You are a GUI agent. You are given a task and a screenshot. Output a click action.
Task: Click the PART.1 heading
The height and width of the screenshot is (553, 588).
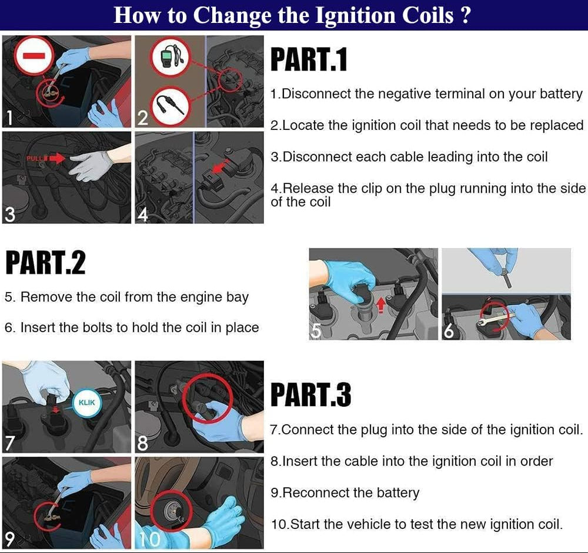[309, 59]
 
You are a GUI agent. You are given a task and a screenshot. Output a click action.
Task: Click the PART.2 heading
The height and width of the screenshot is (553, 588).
[45, 263]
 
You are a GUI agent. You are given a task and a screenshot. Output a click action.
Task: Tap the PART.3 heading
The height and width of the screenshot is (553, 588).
[311, 395]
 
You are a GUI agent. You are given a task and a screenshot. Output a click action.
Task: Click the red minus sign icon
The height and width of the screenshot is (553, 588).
[34, 56]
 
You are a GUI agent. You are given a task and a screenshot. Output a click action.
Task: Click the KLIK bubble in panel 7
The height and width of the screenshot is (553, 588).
[86, 403]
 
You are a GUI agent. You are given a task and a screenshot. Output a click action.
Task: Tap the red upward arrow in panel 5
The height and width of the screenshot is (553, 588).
[382, 304]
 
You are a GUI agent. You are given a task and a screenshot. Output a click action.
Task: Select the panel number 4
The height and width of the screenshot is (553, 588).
[143, 215]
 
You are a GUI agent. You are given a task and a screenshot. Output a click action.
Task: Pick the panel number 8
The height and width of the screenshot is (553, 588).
[142, 443]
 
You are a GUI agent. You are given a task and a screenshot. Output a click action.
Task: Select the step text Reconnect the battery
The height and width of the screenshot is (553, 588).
[345, 492]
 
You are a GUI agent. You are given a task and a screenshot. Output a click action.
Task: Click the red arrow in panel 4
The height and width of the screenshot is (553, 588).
[220, 166]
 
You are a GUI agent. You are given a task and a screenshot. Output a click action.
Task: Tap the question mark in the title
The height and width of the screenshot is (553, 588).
[465, 16]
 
